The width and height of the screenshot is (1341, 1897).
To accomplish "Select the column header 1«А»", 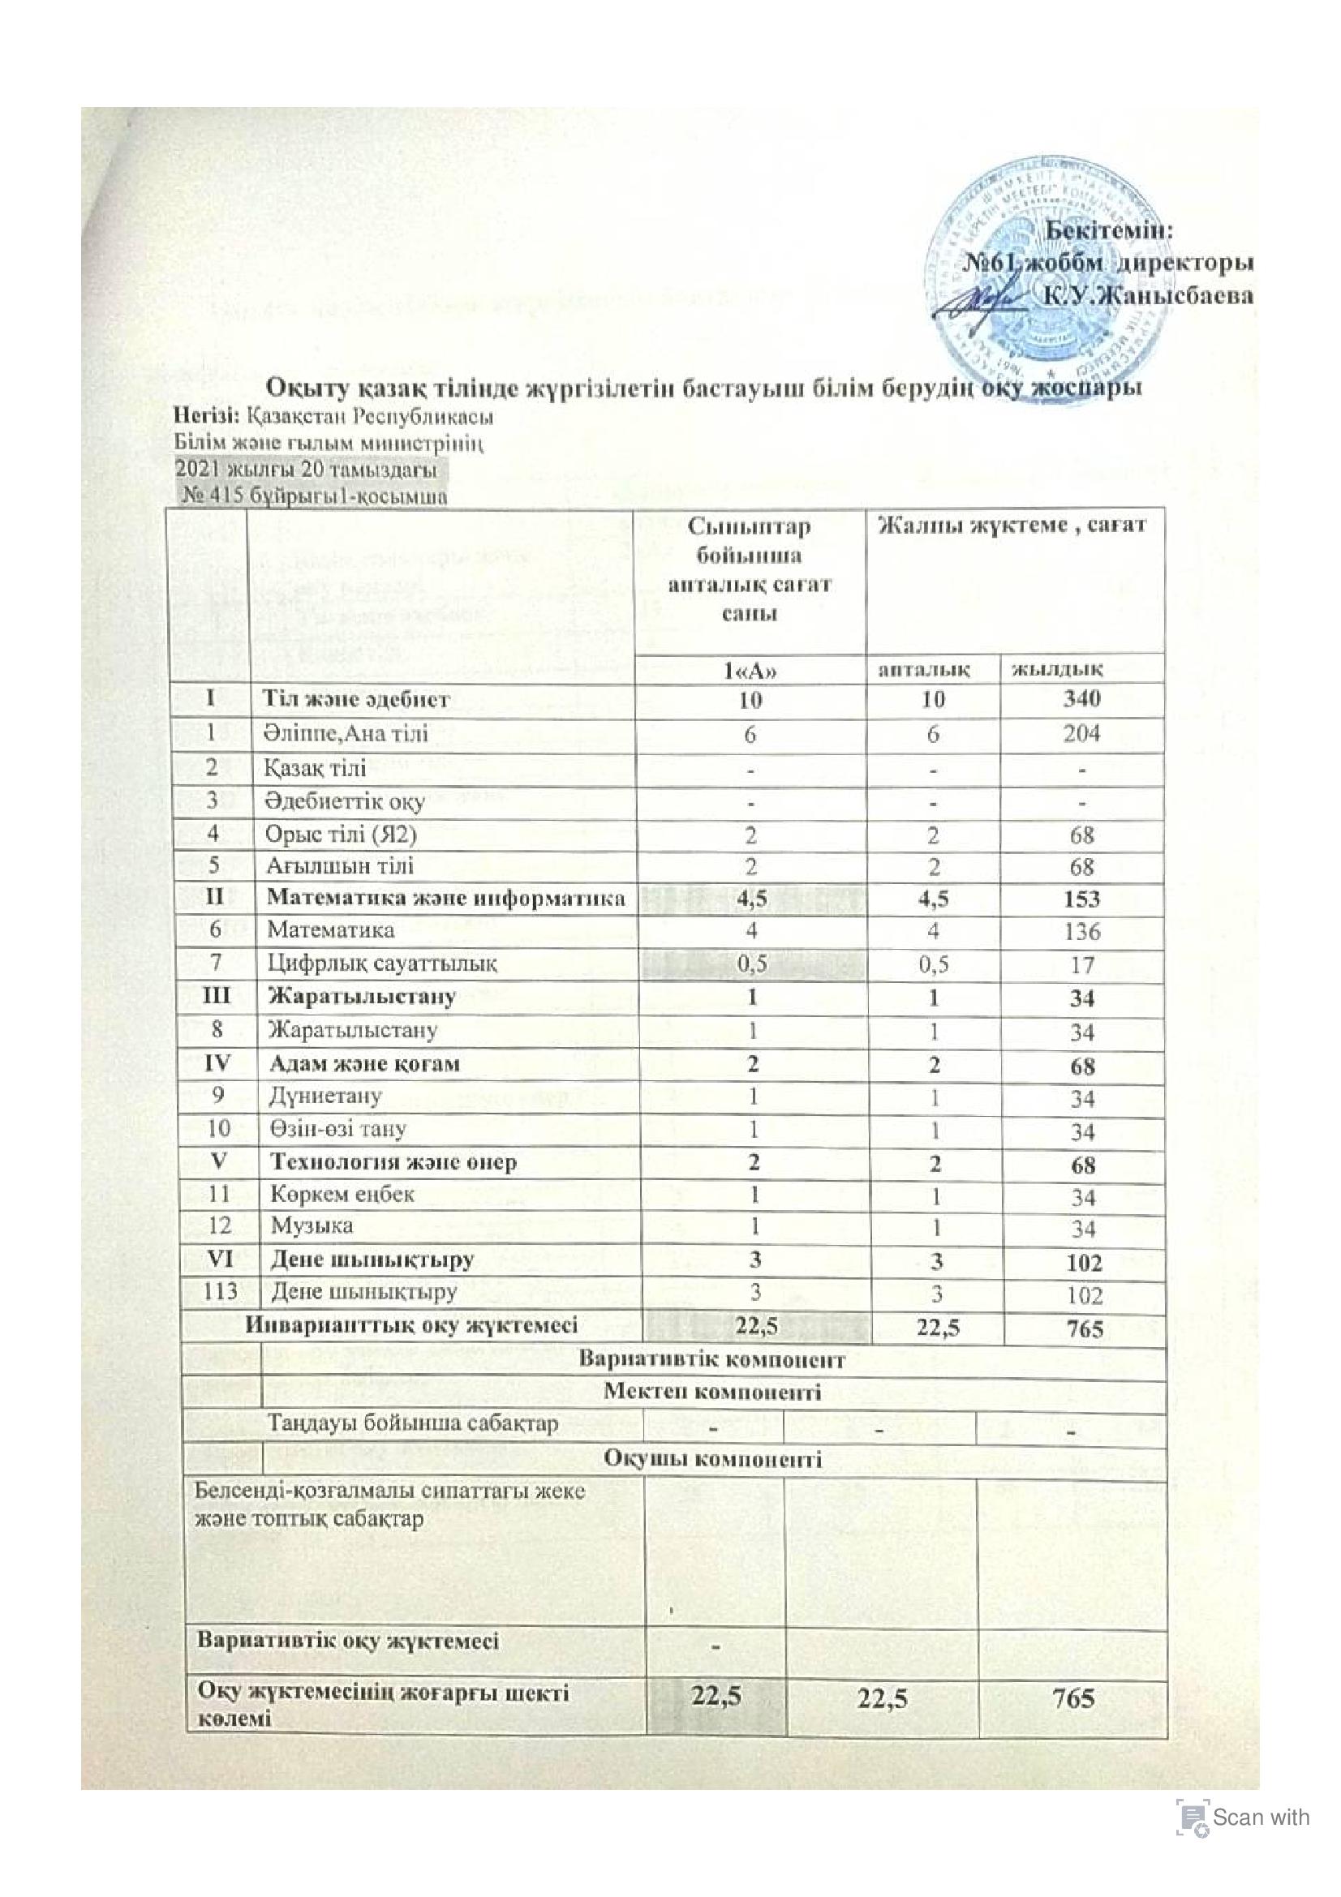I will point(750,668).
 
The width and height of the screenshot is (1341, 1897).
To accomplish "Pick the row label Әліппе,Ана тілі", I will point(346,733).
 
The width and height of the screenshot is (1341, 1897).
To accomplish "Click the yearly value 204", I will point(1081,733).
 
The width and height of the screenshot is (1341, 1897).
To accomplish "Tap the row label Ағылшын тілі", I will point(339,866).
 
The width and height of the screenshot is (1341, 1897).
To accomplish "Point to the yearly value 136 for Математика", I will point(1081,931).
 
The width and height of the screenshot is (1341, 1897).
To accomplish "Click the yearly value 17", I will point(1081,964).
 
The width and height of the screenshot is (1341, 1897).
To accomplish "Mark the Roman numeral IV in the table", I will point(214,1063).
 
